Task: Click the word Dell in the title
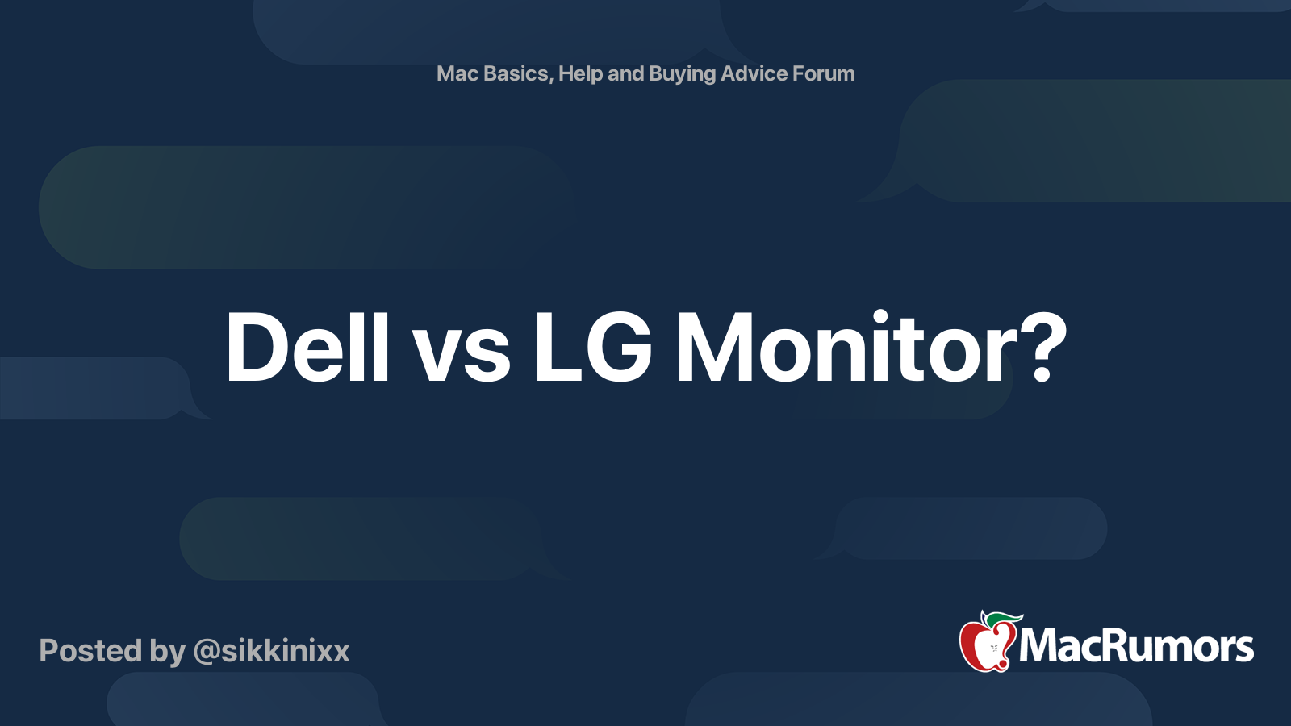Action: pyautogui.click(x=307, y=347)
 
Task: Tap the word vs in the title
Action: pyautogui.click(x=462, y=355)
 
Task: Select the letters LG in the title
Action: pyautogui.click(x=592, y=347)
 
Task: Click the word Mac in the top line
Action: pyautogui.click(x=457, y=73)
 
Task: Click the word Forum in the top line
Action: pyautogui.click(x=824, y=73)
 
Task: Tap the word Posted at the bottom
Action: pyautogui.click(x=91, y=651)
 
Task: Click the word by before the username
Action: pyautogui.click(x=167, y=652)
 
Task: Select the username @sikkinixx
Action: pyautogui.click(x=271, y=651)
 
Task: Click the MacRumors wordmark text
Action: pyautogui.click(x=1136, y=646)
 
